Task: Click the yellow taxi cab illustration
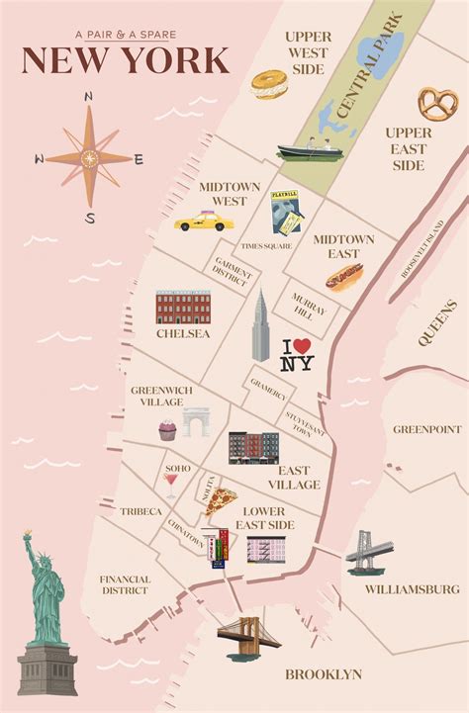(x=201, y=222)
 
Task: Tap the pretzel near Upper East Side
(x=437, y=103)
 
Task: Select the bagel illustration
(x=268, y=84)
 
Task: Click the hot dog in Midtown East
(x=343, y=277)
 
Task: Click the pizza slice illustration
(x=220, y=499)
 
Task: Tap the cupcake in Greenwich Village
(x=167, y=429)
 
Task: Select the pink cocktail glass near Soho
(x=171, y=485)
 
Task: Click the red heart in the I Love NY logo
(x=303, y=346)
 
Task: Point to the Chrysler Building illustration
(x=260, y=326)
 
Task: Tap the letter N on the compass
(x=88, y=97)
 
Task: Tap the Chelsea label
(x=183, y=334)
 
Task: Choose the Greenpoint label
(x=427, y=429)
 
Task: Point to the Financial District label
(x=125, y=584)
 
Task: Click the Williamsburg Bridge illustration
(x=369, y=553)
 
